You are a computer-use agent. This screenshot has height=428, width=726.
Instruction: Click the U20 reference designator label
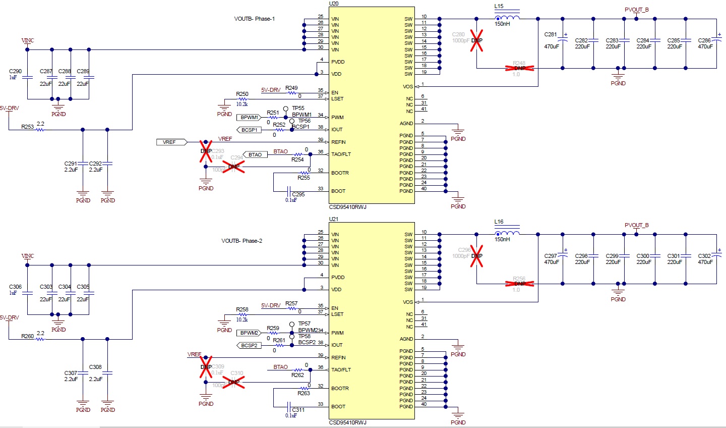pos(334,4)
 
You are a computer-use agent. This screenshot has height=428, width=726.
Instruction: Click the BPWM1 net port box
pos(249,118)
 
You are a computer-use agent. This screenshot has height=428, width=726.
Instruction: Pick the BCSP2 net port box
pos(249,346)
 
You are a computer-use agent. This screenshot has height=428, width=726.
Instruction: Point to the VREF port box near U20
pos(171,142)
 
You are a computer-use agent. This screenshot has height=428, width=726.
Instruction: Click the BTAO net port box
pos(255,155)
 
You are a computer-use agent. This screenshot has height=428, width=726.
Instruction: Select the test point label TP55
pos(298,108)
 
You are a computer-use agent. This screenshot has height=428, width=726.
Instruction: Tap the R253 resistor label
pos(27,127)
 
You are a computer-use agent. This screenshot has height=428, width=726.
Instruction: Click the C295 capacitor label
pos(298,194)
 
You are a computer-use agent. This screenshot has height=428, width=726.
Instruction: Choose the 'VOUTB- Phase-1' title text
pos(254,19)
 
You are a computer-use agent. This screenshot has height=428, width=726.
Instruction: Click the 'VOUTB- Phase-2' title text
pos(241,241)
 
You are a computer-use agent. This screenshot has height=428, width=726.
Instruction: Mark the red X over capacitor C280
pos(476,40)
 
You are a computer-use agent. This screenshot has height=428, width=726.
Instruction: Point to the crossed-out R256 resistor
pos(519,284)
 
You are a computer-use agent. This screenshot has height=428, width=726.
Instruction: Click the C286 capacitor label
pos(704,40)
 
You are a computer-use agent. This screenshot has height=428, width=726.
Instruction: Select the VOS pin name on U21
pos(408,302)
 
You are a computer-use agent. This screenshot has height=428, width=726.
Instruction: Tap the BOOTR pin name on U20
pos(340,173)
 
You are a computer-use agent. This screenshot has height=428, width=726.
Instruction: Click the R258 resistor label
pos(242,309)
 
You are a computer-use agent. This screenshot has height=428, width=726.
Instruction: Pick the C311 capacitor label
pos(298,410)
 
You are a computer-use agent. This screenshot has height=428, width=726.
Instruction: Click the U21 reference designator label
pos(334,219)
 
